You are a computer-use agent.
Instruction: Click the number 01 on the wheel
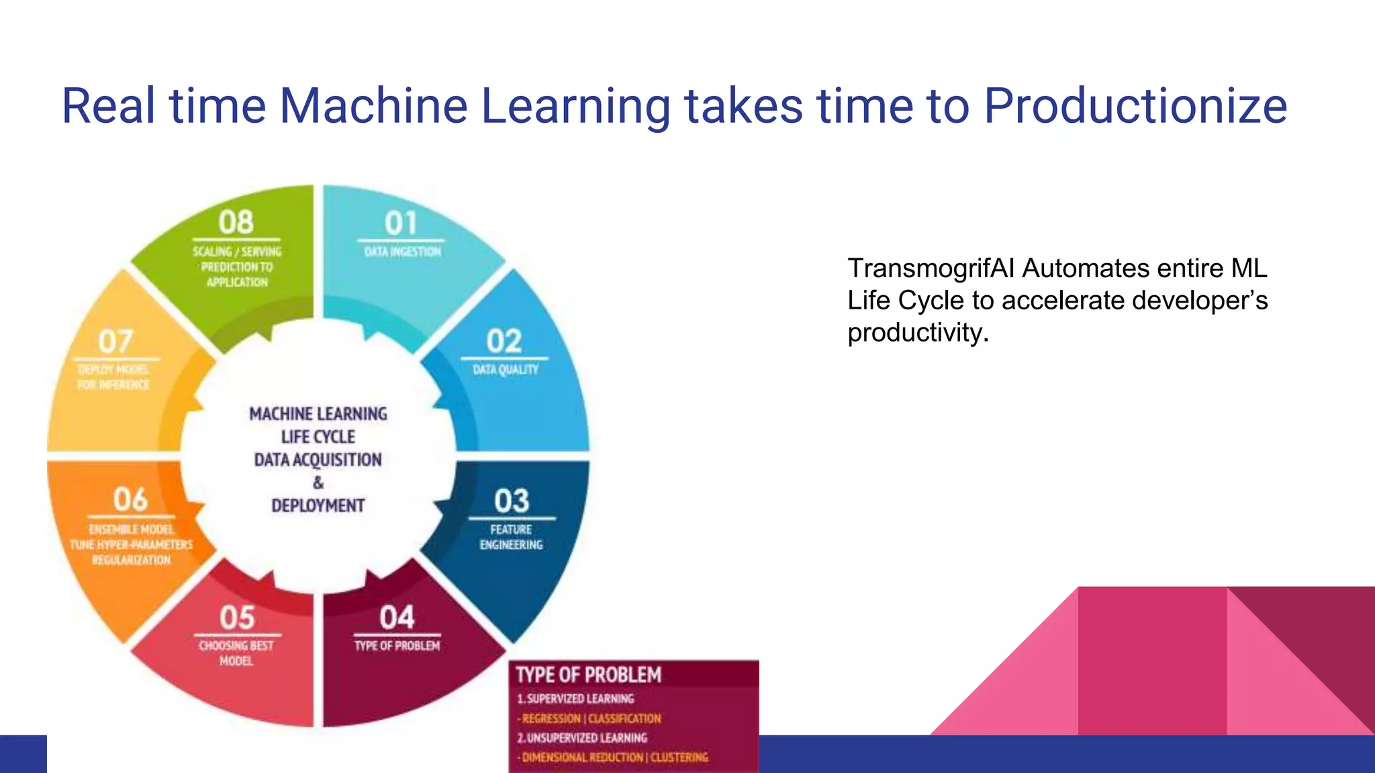(401, 223)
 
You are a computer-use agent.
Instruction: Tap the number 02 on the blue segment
(504, 342)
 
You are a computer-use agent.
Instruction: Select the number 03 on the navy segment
(512, 501)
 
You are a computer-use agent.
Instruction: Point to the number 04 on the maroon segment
(397, 618)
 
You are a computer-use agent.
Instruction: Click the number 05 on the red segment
(237, 618)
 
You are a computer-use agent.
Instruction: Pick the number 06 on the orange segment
(130, 500)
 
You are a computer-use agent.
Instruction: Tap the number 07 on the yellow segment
(115, 342)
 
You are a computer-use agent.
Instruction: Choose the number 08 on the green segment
(236, 223)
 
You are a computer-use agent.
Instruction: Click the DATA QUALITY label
(506, 370)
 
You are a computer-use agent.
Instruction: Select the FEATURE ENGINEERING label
(511, 537)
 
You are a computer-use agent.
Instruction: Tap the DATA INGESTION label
(402, 252)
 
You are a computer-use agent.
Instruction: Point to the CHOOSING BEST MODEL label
(236, 653)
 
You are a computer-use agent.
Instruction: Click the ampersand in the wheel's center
(318, 482)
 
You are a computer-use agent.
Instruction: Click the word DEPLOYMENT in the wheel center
(318, 505)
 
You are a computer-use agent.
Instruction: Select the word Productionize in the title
(1135, 106)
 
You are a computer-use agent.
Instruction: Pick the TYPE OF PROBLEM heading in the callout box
(588, 675)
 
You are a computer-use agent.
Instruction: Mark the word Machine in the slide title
(373, 106)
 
